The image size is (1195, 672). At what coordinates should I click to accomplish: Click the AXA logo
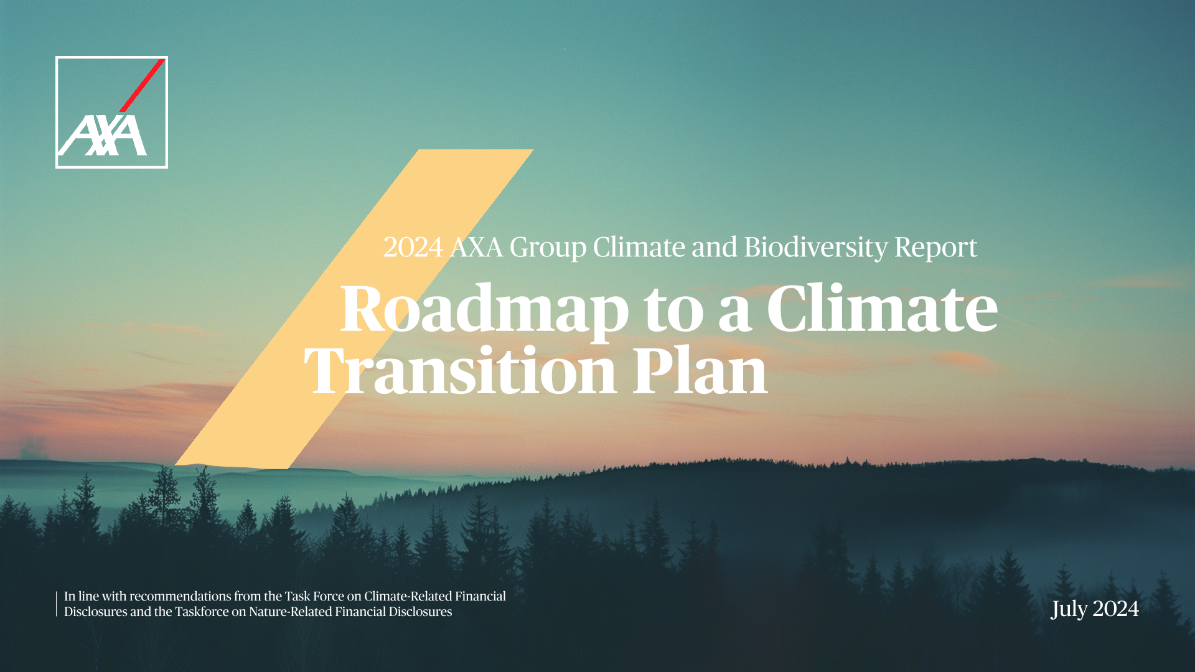coord(111,112)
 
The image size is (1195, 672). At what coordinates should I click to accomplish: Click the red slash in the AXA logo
coord(143,85)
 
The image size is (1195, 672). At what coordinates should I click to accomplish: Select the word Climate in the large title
coord(882,308)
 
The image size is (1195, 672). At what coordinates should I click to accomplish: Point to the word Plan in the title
coord(700,371)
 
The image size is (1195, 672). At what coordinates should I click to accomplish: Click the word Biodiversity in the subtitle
coord(815,248)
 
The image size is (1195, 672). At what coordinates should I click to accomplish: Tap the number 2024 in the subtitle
coord(413,248)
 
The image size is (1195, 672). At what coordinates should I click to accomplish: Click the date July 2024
coord(1095,609)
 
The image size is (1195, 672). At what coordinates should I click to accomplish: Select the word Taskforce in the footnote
coord(202,612)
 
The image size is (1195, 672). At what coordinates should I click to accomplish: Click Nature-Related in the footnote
coord(290,612)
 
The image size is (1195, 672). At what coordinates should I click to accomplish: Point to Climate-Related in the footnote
coord(408,596)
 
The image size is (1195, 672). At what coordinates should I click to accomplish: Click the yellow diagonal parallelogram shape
coord(354,309)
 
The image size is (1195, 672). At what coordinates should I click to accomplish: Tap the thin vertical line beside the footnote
coord(56,604)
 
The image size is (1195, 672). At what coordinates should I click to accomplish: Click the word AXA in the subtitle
coord(476,248)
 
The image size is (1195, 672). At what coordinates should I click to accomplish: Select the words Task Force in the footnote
coord(314,596)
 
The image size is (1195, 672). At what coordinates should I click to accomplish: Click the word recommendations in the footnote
coord(180,596)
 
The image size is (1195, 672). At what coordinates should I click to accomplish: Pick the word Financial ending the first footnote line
coord(480,596)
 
